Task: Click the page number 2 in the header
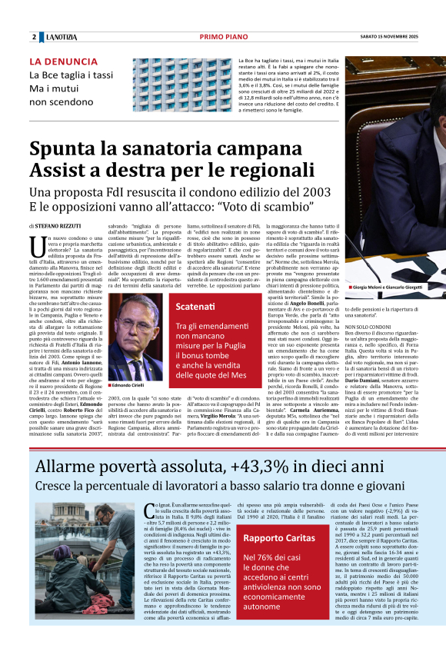point(34,37)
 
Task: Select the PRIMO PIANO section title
point(222,37)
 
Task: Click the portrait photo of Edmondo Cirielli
point(135,327)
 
